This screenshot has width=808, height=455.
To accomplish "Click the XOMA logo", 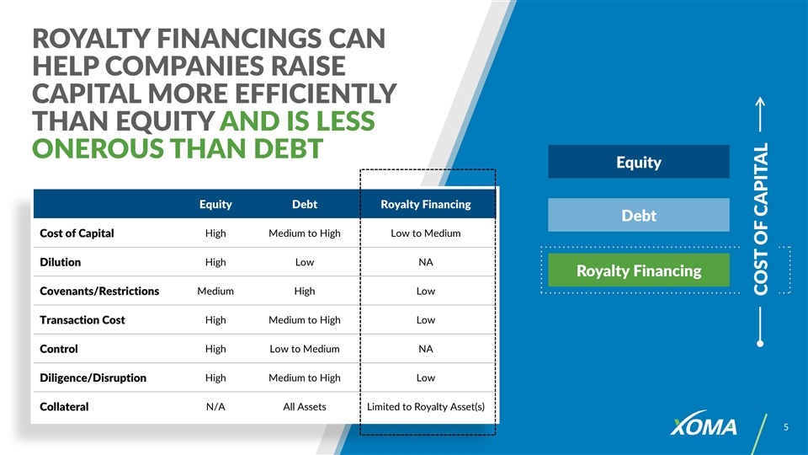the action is click(x=704, y=424).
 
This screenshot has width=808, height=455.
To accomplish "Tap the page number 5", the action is click(x=786, y=427).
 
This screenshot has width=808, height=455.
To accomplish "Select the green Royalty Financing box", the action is click(x=639, y=270).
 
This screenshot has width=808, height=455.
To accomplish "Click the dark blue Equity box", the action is click(x=639, y=162).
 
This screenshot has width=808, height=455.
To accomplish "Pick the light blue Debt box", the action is click(x=639, y=215).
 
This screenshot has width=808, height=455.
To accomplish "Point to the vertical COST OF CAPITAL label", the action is click(x=761, y=219).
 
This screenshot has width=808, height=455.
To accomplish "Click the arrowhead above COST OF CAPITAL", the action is click(x=760, y=101).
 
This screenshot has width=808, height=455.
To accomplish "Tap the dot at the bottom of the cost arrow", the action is click(x=760, y=344).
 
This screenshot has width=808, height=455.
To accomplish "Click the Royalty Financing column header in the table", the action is click(x=426, y=204).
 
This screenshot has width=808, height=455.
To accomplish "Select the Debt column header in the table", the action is click(x=305, y=204).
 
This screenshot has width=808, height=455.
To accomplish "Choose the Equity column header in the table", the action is click(x=215, y=204).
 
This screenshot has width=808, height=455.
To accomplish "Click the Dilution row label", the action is click(x=61, y=262).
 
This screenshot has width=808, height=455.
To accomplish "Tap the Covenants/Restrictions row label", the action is click(x=99, y=291).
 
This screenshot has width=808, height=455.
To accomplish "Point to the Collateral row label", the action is click(x=64, y=406).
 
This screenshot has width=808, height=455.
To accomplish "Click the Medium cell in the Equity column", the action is click(x=215, y=291).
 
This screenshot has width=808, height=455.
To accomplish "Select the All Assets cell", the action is click(x=305, y=406).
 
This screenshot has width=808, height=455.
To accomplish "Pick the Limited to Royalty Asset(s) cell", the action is click(x=426, y=406).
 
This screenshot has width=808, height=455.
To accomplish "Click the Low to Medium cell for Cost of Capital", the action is click(x=426, y=233).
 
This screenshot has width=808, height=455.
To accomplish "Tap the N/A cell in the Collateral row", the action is click(x=215, y=406).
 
